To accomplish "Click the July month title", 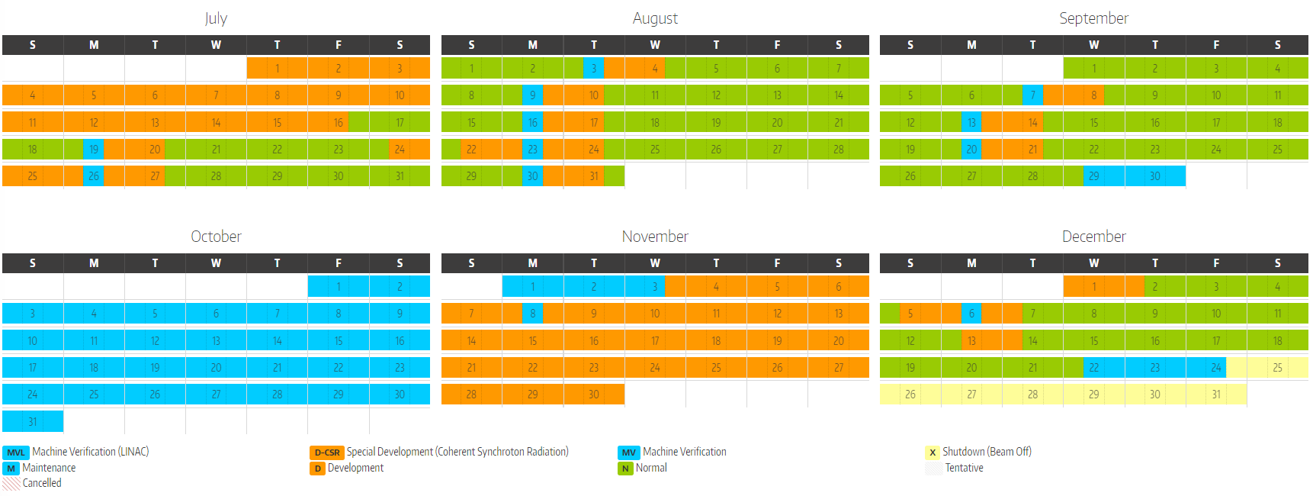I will click(x=216, y=18).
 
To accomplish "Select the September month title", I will click(x=1093, y=18).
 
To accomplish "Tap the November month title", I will click(x=655, y=237).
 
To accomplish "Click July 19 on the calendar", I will click(x=94, y=150).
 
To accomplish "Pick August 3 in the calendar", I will click(x=594, y=69).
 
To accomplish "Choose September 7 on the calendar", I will click(x=1032, y=95).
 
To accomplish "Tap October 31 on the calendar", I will click(x=33, y=421).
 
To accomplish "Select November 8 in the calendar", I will click(x=532, y=314).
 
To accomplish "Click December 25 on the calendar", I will click(x=1277, y=368).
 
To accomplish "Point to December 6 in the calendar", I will click(x=971, y=314).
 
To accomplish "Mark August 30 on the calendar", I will click(x=532, y=176).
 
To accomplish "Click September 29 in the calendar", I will click(x=1093, y=176).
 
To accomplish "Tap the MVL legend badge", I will click(x=16, y=453).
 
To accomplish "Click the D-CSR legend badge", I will click(x=327, y=453).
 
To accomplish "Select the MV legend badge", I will click(x=629, y=453).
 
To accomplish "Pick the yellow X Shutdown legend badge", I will click(x=933, y=453).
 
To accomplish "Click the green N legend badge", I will click(x=625, y=469).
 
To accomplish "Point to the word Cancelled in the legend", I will click(x=42, y=483).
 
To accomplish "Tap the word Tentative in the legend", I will click(x=964, y=469).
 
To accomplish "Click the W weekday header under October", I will click(x=216, y=263).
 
